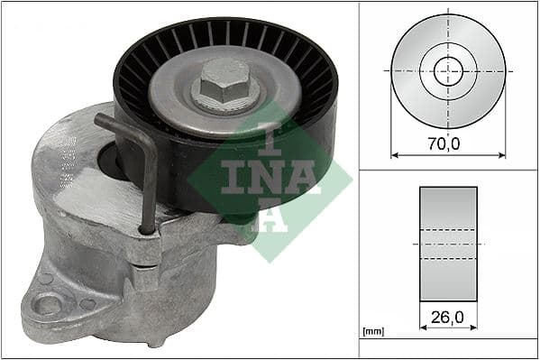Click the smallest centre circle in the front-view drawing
point(448,69)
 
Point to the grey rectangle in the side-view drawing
point(448,244)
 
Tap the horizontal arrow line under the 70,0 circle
point(448,154)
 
